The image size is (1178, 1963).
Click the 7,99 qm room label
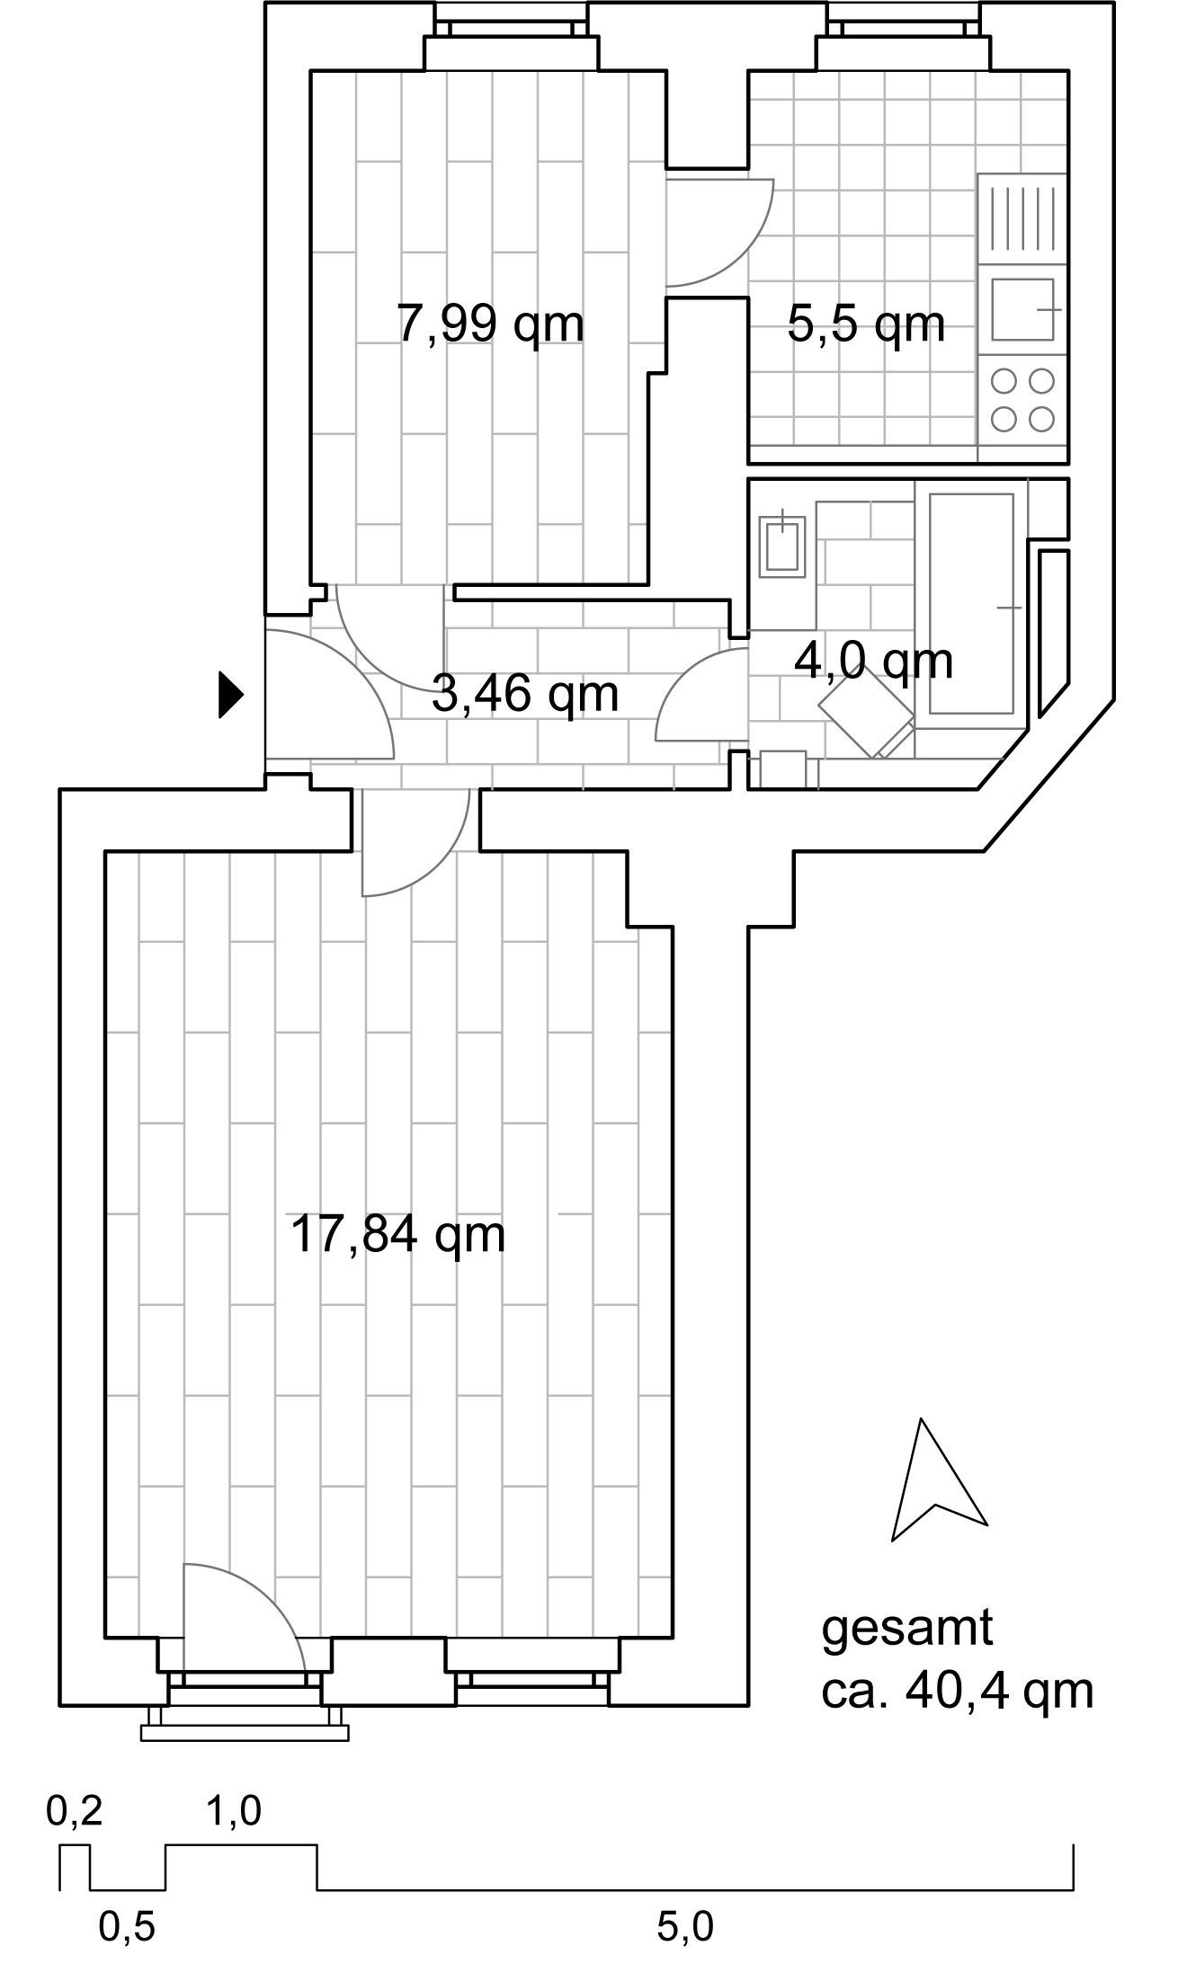click(x=491, y=324)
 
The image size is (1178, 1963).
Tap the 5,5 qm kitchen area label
click(x=866, y=324)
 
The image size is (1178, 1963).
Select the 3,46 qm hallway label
click(x=525, y=694)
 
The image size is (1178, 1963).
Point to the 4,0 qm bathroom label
click(x=873, y=662)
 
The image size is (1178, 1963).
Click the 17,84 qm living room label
click(x=398, y=1234)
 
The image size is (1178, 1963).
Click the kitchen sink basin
click(x=1023, y=309)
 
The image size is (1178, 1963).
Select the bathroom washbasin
click(x=782, y=546)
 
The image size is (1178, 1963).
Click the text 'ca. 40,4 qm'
click(x=958, y=1691)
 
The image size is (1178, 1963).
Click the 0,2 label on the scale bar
click(x=75, y=1811)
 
